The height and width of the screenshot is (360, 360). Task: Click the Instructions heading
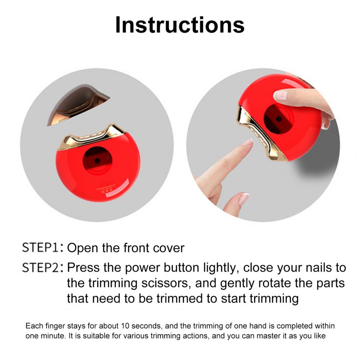[x=180, y=25]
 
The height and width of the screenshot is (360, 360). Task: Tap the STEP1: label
[x=43, y=247]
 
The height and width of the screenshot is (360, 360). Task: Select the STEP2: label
[x=43, y=268]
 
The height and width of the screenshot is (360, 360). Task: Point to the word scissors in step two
[x=166, y=283]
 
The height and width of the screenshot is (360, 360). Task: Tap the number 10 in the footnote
[x=125, y=326]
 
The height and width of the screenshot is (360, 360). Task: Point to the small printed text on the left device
[x=104, y=189]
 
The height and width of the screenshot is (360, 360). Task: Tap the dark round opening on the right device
[x=278, y=119]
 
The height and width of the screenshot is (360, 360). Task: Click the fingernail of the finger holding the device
[x=280, y=95]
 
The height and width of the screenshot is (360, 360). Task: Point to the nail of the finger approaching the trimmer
[x=248, y=142]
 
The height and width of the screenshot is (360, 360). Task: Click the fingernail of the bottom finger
[x=244, y=199]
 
